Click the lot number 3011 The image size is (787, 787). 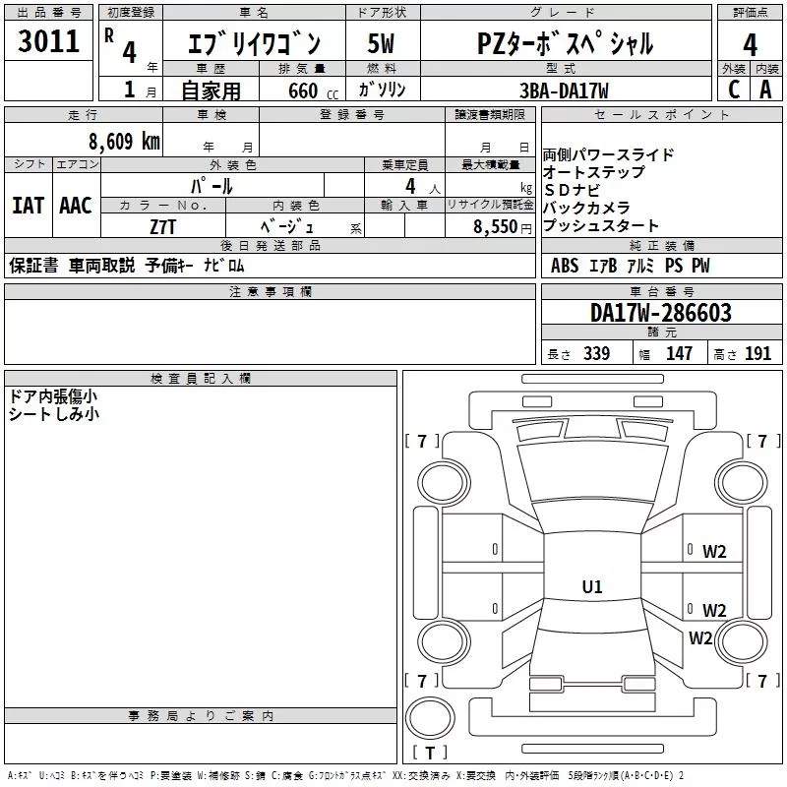click(48, 42)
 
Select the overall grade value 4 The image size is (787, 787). click(750, 44)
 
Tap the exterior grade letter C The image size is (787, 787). click(733, 90)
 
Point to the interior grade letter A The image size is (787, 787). click(765, 90)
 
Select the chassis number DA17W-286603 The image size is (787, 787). click(661, 313)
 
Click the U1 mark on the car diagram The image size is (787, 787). click(592, 587)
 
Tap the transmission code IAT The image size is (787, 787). click(28, 206)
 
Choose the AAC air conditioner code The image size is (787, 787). click(76, 206)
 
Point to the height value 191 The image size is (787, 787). click(757, 354)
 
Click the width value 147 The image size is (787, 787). click(679, 354)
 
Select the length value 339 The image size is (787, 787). click(595, 354)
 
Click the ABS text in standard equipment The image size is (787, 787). click(565, 266)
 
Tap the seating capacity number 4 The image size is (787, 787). click(408, 185)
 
